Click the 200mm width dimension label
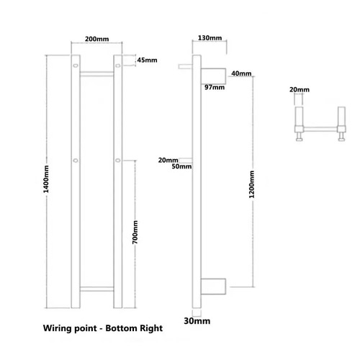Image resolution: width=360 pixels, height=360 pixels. point(96,39)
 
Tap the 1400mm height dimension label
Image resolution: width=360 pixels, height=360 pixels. point(45,179)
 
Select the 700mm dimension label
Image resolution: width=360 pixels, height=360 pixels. point(135,232)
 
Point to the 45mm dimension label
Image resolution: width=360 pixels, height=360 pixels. point(147,60)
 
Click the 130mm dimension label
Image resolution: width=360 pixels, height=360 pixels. point(210,38)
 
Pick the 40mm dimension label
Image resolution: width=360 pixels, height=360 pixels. point(241,73)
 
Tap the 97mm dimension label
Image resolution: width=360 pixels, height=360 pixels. point(215,87)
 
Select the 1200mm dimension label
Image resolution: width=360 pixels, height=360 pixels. point(251,184)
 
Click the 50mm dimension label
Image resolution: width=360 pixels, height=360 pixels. point(181,166)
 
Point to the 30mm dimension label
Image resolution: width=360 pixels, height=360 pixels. point(197,321)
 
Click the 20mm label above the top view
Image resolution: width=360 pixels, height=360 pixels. point(300,90)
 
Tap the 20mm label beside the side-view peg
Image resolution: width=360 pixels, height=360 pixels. point(168,160)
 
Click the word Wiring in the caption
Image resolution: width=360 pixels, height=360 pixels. point(58,328)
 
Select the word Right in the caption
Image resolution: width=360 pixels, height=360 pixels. point(151,328)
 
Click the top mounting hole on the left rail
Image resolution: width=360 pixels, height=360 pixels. point(76,66)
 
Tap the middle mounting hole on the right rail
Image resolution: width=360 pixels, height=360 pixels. point(117,160)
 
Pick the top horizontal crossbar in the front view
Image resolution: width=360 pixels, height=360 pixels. point(96,73)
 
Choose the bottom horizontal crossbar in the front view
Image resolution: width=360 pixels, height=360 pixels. point(96,289)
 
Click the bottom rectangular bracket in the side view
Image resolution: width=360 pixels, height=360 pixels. point(213,287)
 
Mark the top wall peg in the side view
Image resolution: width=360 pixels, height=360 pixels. point(185,66)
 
